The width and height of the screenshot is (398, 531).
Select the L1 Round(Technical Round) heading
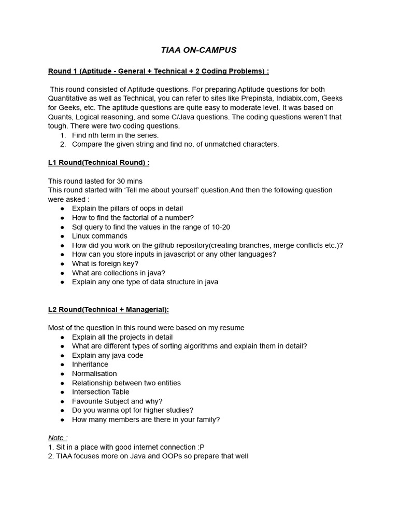(x=98, y=162)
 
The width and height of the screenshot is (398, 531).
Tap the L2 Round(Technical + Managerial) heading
(x=108, y=310)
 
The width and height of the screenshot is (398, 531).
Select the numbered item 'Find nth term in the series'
(x=115, y=135)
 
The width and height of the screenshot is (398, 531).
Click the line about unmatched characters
(x=175, y=144)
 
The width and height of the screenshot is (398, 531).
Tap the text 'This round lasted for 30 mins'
(x=95, y=181)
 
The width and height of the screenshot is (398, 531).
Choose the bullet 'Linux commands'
(x=99, y=236)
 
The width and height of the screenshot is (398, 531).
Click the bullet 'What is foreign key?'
(x=105, y=263)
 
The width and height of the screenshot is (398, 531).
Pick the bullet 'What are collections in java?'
(x=119, y=273)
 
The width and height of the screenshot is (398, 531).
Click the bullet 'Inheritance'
(x=90, y=364)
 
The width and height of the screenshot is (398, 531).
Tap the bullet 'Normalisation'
(x=94, y=373)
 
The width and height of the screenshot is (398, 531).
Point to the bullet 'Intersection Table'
(x=101, y=392)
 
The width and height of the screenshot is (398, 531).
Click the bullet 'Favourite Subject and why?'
(x=117, y=401)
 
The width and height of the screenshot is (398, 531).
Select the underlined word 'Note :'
(x=58, y=438)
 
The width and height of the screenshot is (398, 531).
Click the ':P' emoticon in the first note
(x=201, y=447)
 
